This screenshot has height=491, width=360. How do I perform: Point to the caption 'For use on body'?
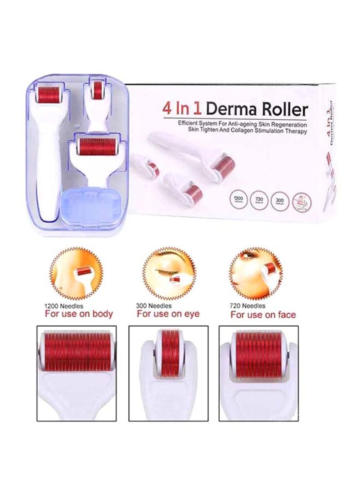click(x=79, y=313)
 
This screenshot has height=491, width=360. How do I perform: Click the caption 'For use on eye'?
click(x=168, y=313)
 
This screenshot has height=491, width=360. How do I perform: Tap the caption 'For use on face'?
click(x=263, y=314)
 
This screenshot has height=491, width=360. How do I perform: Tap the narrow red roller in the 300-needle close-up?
click(x=170, y=349)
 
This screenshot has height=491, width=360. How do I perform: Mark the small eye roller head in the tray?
click(x=97, y=90)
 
